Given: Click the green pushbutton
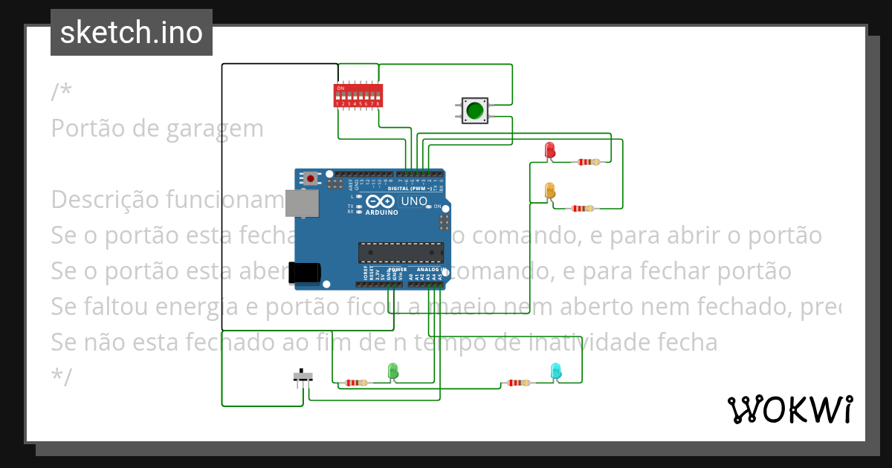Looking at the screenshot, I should click(474, 111).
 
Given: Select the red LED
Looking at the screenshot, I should click(550, 149).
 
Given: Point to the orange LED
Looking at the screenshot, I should click(550, 190).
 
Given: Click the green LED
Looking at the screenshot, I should click(393, 370).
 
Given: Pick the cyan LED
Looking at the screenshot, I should click(555, 370).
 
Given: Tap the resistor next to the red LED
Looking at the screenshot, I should click(587, 161).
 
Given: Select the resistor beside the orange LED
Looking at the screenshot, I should click(581, 209).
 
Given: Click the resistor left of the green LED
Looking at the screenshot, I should click(356, 383).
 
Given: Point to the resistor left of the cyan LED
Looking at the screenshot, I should click(517, 383).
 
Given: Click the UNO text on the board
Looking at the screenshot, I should click(414, 201).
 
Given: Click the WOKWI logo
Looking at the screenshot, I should click(789, 409).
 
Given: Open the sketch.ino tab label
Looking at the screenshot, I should click(132, 33).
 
